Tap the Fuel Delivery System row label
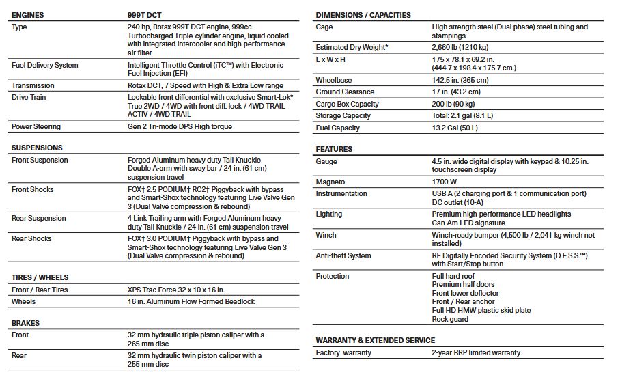(x=45, y=66)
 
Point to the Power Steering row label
(x=36, y=126)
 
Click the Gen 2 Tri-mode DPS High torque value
(x=180, y=126)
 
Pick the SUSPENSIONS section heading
(x=37, y=148)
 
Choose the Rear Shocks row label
(x=31, y=238)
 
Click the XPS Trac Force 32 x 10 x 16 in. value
(x=176, y=290)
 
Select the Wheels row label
(x=24, y=301)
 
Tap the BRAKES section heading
(x=26, y=323)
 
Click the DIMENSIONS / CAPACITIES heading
(x=363, y=15)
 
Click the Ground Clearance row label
(x=345, y=92)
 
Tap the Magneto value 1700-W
(x=447, y=182)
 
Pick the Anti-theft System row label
(x=343, y=255)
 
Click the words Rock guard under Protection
(x=451, y=319)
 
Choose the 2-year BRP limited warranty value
(x=476, y=352)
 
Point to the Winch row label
(x=326, y=235)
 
